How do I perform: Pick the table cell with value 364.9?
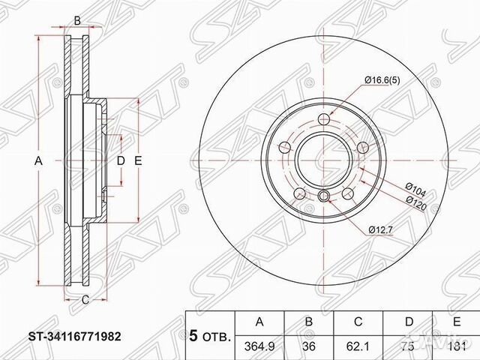tap(260, 346)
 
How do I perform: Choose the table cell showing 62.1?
tap(358, 346)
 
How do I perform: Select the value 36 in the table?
tap(309, 346)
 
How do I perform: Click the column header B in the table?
tap(309, 322)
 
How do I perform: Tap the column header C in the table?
tap(358, 322)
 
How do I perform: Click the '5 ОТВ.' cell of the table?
tap(211, 334)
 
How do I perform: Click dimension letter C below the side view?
tap(85, 301)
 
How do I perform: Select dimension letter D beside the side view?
tap(120, 161)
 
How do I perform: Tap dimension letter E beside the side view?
tap(138, 161)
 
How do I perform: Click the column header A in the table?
tap(260, 322)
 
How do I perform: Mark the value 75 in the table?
tap(408, 346)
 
